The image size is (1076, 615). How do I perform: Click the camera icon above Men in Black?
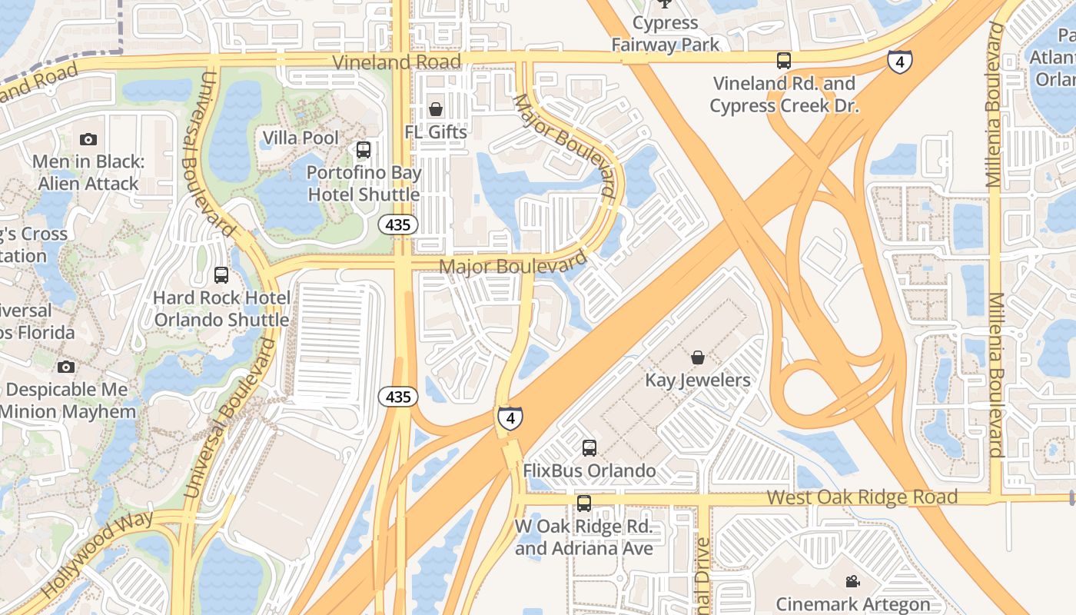click(x=88, y=139)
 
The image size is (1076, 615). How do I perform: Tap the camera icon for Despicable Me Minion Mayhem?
click(x=66, y=367)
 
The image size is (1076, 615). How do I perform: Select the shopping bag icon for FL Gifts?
click(x=436, y=110)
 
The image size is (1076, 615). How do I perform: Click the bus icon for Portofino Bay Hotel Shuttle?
click(x=364, y=150)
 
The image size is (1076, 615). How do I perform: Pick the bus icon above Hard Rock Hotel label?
click(x=221, y=274)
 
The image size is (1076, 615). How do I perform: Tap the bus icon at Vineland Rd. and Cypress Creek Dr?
click(x=783, y=60)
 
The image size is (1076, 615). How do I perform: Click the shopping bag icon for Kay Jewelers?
click(x=698, y=357)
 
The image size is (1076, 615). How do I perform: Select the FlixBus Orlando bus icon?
click(x=589, y=447)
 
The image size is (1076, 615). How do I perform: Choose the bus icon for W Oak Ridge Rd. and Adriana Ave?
click(x=584, y=504)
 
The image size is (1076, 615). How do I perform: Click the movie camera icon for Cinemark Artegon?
click(x=852, y=582)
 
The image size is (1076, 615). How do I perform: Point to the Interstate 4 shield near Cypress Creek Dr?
click(x=900, y=61)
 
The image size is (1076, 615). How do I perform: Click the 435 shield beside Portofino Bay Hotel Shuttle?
click(x=398, y=224)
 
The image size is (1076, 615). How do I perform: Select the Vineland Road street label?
click(x=397, y=61)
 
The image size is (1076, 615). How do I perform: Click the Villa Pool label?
click(x=300, y=138)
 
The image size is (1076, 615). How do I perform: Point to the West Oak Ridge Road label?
click(x=862, y=497)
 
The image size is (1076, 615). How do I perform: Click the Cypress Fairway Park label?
click(x=666, y=34)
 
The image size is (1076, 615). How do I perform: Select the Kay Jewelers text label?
click(x=698, y=381)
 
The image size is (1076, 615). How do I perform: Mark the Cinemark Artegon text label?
click(x=853, y=604)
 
